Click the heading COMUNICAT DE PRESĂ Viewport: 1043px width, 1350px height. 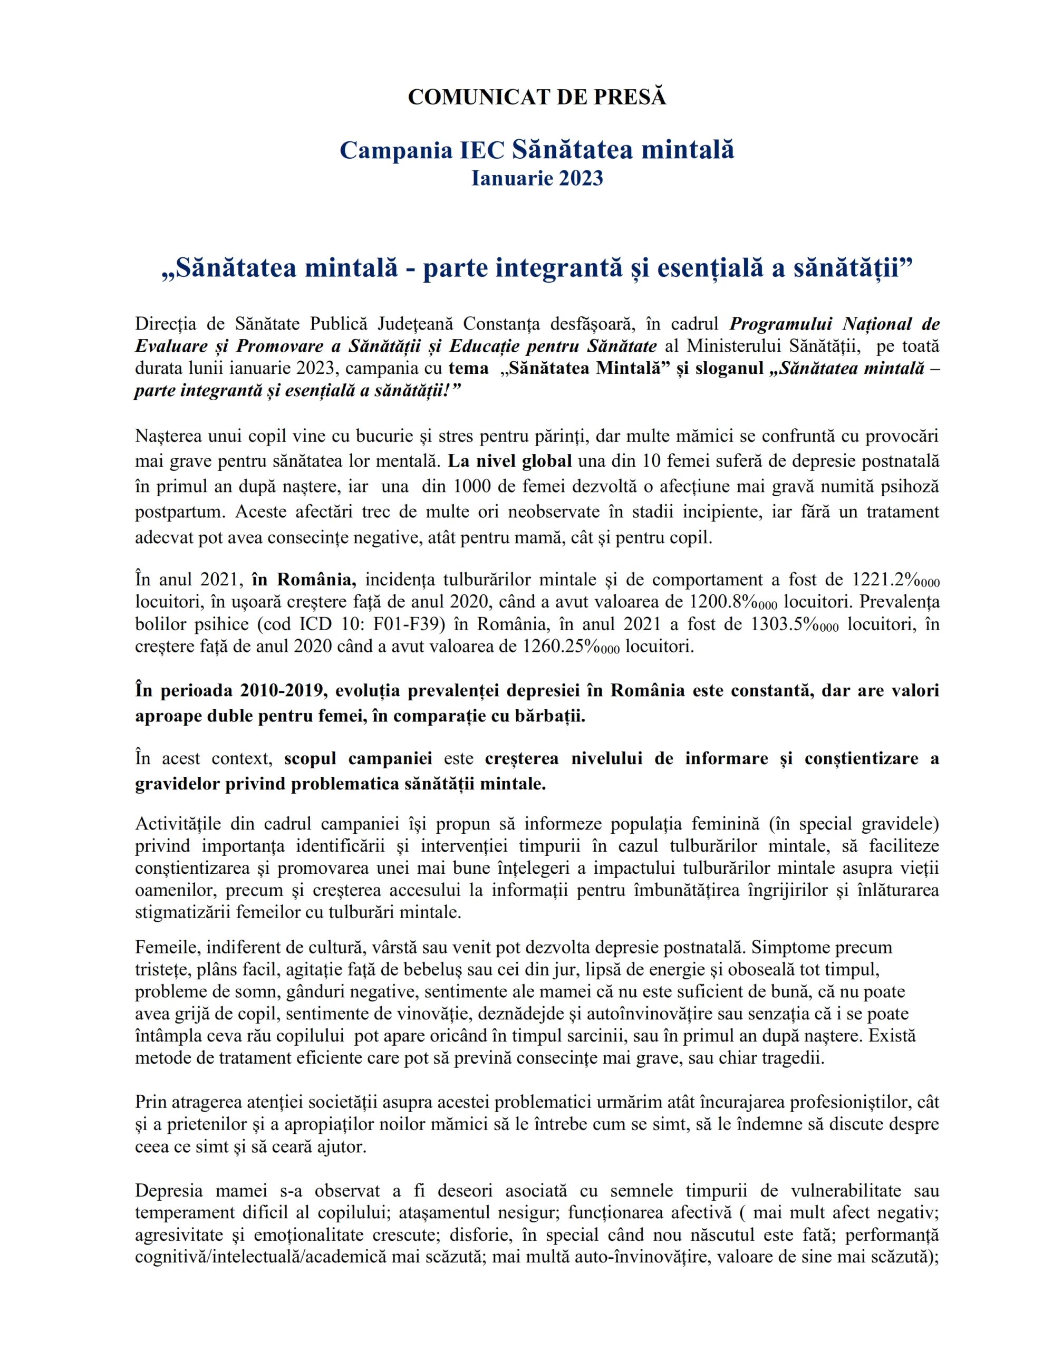coord(537,97)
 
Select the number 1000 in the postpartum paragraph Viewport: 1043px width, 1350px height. coord(473,486)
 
